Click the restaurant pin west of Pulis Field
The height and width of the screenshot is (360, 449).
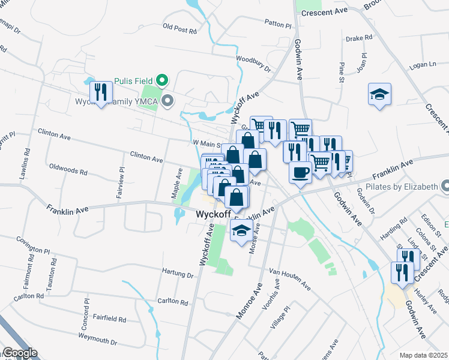coord(100,92)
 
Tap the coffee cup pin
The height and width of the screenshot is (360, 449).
coord(300,172)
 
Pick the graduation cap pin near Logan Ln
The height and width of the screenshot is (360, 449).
coord(379,94)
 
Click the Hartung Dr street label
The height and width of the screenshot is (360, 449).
coord(178,275)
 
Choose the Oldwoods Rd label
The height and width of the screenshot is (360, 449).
coord(68,170)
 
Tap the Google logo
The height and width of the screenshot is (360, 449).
coord(20,353)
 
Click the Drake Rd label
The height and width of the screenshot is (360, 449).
coord(360,38)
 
